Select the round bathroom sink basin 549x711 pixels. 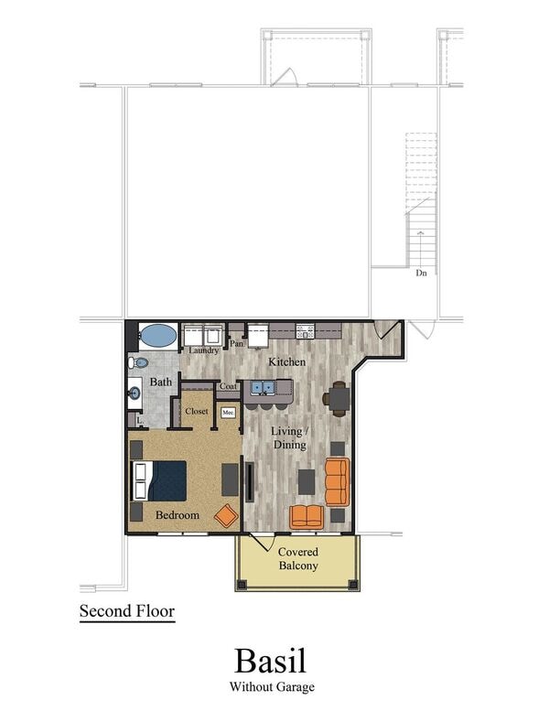(135, 394)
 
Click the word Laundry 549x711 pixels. (203, 350)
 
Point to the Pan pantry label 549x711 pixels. (236, 344)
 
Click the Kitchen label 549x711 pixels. (286, 361)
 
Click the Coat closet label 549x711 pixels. (228, 386)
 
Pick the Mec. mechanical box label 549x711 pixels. (228, 413)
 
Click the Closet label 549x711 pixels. (197, 411)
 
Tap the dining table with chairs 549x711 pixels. (337, 398)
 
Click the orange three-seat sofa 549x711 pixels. (336, 482)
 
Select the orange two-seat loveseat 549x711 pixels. (307, 517)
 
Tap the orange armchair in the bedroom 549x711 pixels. (226, 515)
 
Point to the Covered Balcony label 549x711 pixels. (298, 559)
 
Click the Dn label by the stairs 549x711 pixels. (421, 273)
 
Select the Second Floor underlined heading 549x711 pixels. (126, 610)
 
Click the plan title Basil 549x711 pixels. (270, 660)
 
